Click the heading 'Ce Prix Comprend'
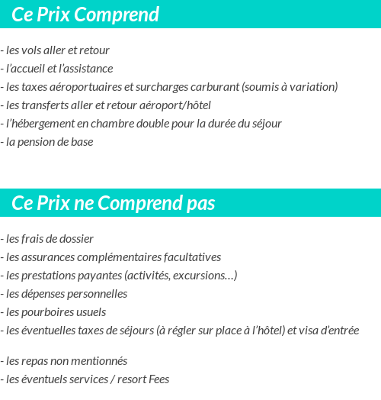pos(85,15)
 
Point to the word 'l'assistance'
pos(85,69)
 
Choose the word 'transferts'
pos(46,105)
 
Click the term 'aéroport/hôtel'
pos(174,105)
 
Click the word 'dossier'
pos(75,239)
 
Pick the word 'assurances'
pos(47,257)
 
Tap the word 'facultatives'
pos(190,257)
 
